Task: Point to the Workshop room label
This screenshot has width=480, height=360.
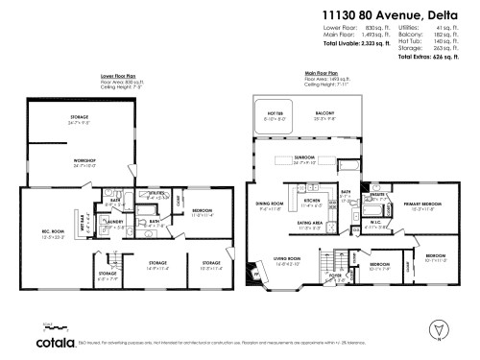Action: click(x=64, y=162)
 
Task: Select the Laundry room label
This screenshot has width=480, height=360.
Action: click(x=114, y=223)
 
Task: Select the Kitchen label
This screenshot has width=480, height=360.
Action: click(x=312, y=204)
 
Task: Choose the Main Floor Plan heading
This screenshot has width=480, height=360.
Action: click(x=323, y=73)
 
